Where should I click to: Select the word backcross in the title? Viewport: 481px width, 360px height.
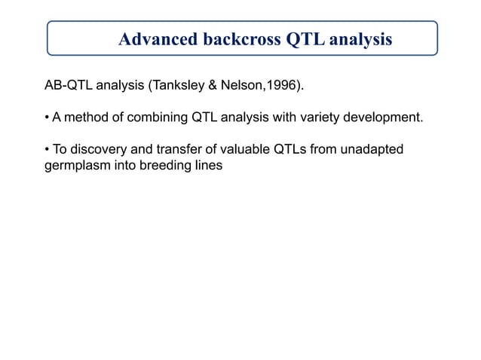coord(241,39)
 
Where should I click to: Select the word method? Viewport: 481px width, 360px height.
coord(87,117)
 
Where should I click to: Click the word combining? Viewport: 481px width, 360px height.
coord(158,117)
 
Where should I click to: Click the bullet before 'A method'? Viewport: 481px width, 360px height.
coord(47,117)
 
